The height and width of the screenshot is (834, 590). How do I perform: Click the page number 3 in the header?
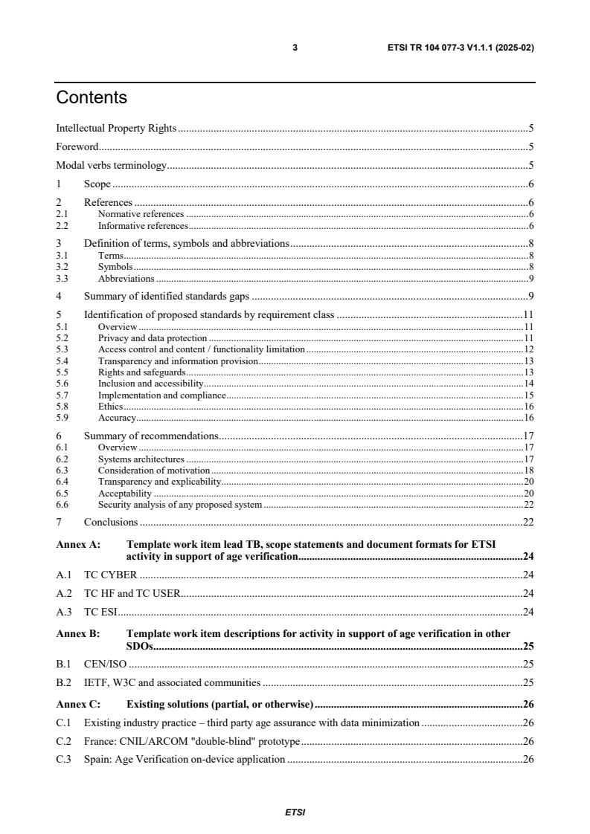(x=295, y=48)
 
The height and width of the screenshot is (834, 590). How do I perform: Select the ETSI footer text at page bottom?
(x=295, y=812)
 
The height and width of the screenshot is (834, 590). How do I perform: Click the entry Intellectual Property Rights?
(x=116, y=128)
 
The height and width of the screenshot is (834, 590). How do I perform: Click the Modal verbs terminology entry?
(x=112, y=165)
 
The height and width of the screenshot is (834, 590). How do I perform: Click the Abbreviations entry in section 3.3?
(x=126, y=278)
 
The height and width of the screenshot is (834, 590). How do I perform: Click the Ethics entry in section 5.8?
(x=110, y=407)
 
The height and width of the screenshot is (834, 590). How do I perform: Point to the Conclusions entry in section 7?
(x=111, y=522)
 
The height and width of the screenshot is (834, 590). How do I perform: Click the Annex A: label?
(x=78, y=544)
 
